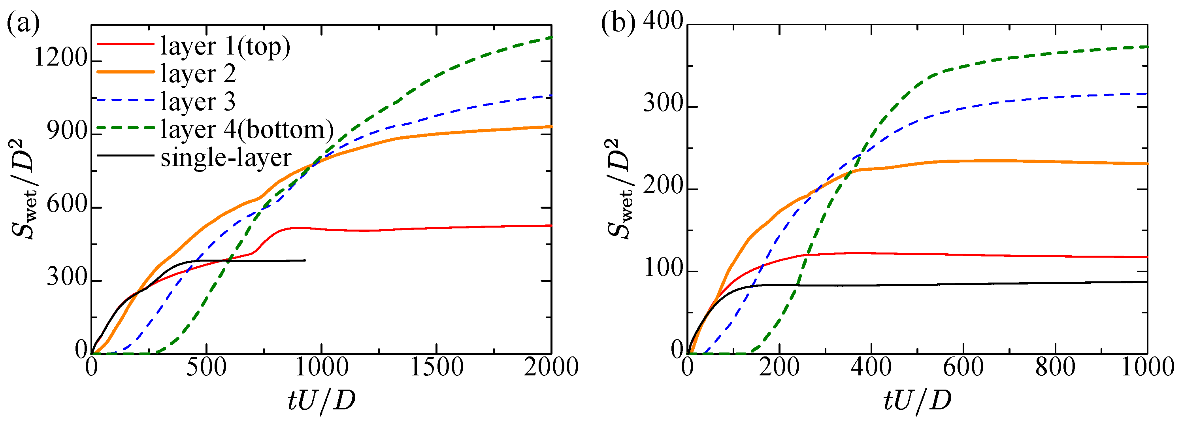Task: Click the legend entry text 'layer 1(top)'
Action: click(x=225, y=46)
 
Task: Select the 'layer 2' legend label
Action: click(x=198, y=74)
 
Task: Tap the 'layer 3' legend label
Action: click(x=198, y=102)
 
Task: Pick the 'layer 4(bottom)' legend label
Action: click(x=247, y=130)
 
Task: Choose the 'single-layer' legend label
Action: click(x=226, y=158)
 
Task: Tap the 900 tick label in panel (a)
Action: click(x=67, y=132)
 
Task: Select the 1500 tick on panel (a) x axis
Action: click(x=436, y=367)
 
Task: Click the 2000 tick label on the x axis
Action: click(x=550, y=367)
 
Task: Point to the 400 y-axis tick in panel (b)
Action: click(x=663, y=22)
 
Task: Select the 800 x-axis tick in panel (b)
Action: click(x=1056, y=367)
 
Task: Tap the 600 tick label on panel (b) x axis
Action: click(x=963, y=367)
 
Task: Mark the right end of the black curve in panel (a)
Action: click(x=305, y=261)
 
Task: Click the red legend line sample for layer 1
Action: click(x=125, y=44)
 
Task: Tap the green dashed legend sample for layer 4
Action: click(x=125, y=128)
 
